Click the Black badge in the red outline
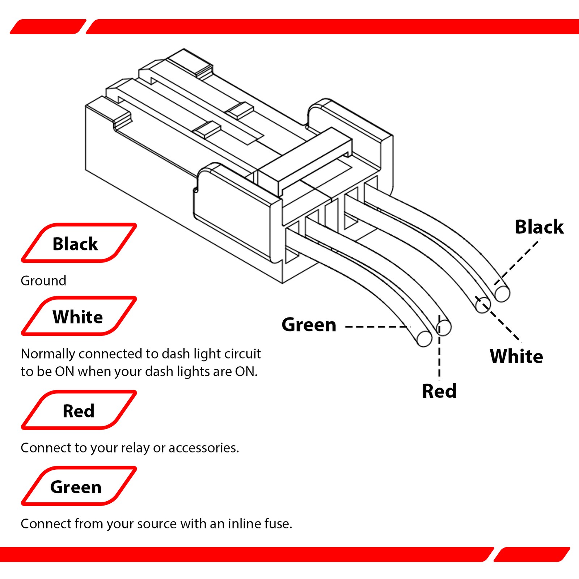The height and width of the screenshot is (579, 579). [79, 243]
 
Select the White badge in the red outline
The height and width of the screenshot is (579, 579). [79, 316]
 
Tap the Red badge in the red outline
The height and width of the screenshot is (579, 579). [79, 410]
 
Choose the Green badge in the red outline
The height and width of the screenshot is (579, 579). [79, 486]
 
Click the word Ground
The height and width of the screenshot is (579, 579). [43, 281]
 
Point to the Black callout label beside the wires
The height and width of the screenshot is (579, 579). [539, 227]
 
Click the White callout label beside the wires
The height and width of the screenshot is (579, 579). [516, 356]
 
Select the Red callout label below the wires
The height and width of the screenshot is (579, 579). [439, 391]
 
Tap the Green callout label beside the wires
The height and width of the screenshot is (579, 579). [309, 325]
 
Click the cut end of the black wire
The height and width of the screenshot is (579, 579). [502, 293]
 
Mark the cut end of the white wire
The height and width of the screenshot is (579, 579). [483, 305]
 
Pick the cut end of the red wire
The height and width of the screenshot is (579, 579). [444, 327]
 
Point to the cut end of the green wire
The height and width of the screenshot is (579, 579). [424, 339]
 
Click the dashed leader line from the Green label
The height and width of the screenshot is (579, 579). [378, 327]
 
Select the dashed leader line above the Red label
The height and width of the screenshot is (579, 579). [439, 347]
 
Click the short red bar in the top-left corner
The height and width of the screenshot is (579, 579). [48, 26]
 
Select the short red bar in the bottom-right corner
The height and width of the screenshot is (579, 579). [532, 554]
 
